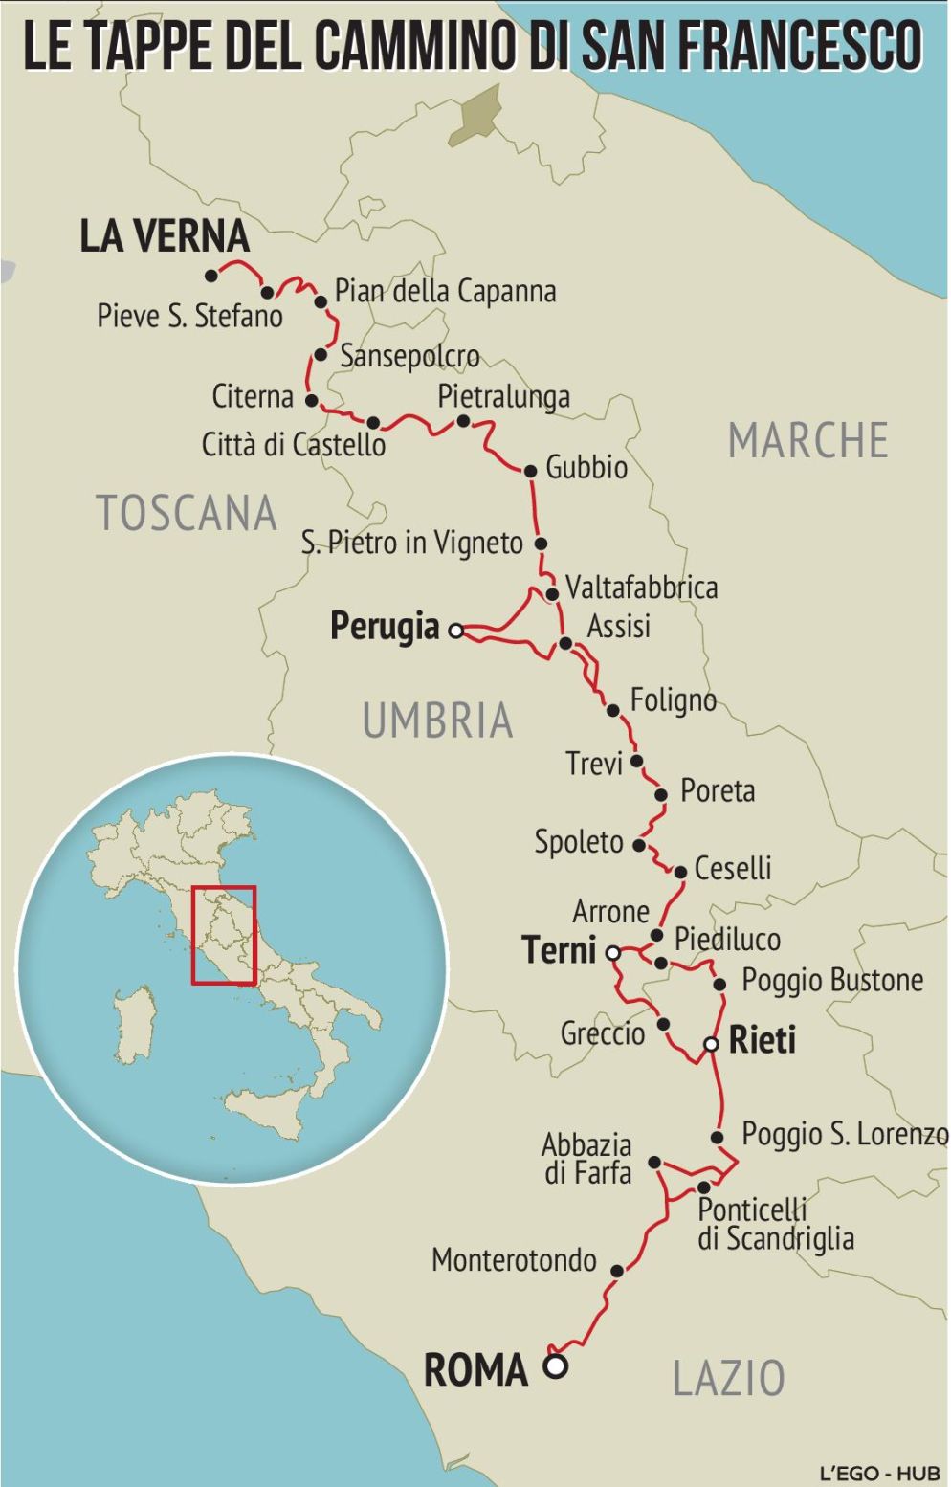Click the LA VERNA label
click(164, 236)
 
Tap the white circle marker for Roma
click(555, 1366)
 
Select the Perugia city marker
click(456, 631)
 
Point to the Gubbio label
click(586, 468)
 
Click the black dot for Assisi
click(565, 643)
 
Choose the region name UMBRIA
click(437, 721)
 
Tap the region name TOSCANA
click(187, 514)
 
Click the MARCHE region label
click(807, 441)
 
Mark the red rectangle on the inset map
click(224, 935)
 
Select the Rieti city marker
click(711, 1044)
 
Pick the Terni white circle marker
click(613, 953)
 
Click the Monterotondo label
click(514, 1260)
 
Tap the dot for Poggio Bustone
click(720, 984)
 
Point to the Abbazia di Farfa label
click(587, 1159)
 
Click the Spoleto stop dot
click(639, 846)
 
